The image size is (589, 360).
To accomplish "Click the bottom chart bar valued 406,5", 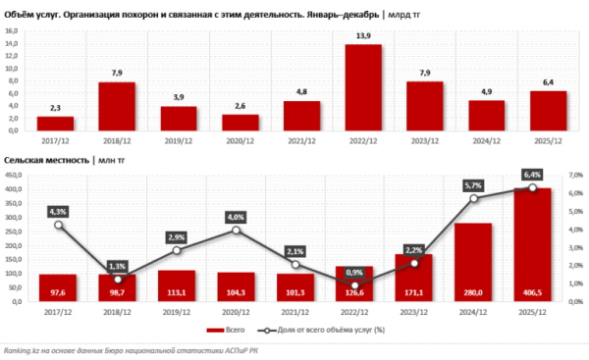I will point(532,244).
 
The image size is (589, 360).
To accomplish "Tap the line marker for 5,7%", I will point(472,199).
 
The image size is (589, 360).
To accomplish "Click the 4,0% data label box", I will point(236,216).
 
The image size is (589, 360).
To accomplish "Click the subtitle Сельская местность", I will point(45,159).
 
